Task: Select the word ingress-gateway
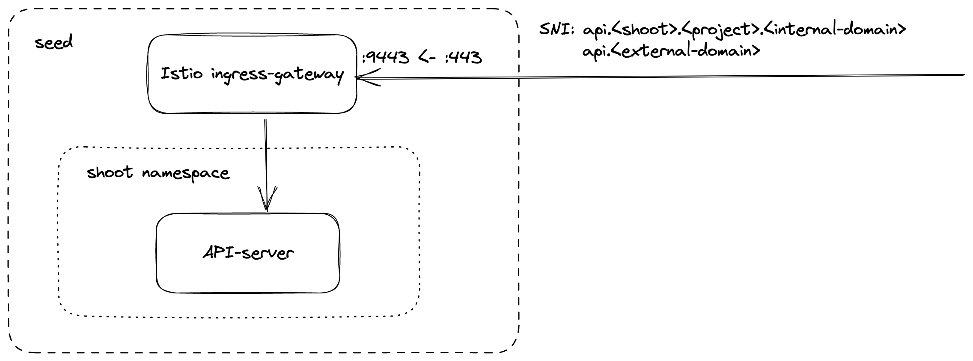click(x=277, y=75)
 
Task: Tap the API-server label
click(x=248, y=253)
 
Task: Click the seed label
click(x=54, y=42)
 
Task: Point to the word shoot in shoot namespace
click(x=110, y=172)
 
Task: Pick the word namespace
click(x=185, y=174)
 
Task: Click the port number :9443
click(x=386, y=57)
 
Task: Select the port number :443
click(x=464, y=57)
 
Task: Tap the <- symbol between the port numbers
click(x=428, y=57)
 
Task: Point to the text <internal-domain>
click(x=835, y=30)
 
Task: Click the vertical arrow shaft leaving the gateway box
click(x=266, y=150)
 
